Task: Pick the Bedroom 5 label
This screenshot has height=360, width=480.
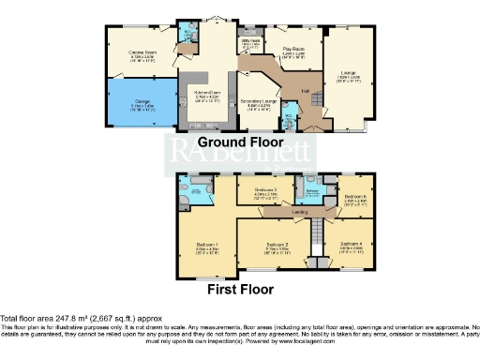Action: pos(354,197)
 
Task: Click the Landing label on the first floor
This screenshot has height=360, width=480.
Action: pos(300,212)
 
